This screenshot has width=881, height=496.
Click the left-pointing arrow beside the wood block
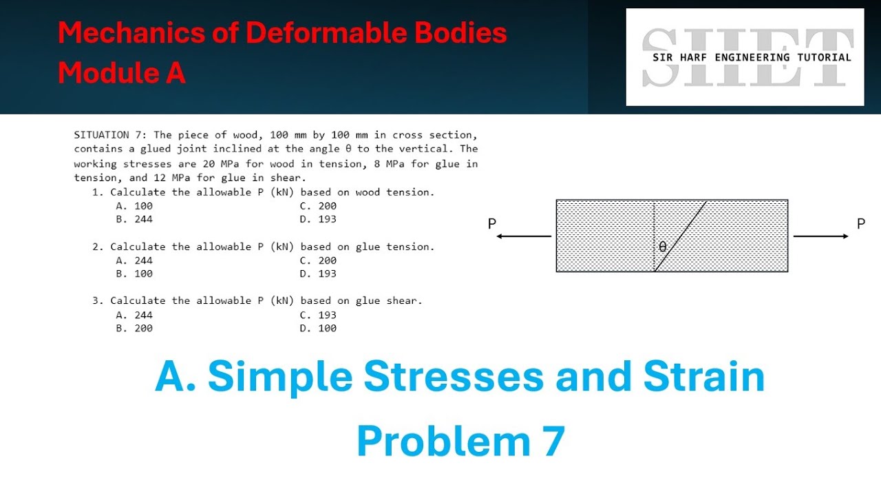click(x=523, y=236)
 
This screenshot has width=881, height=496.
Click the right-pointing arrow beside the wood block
click(x=820, y=236)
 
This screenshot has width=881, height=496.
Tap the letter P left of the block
click(x=492, y=224)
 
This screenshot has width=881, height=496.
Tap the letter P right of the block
click(x=861, y=224)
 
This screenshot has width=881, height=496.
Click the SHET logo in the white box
click(x=745, y=57)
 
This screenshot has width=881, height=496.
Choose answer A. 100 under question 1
click(x=135, y=206)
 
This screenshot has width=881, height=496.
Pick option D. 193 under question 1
click(x=318, y=219)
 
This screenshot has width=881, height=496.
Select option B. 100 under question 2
click(x=135, y=273)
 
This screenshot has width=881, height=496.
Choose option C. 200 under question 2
click(x=318, y=260)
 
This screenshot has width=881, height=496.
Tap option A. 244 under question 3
click(x=135, y=315)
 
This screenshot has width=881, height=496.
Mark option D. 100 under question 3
click(x=318, y=329)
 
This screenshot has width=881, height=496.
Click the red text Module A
click(x=122, y=72)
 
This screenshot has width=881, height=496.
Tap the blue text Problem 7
click(x=460, y=441)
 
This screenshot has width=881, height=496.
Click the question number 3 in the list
click(x=96, y=300)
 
